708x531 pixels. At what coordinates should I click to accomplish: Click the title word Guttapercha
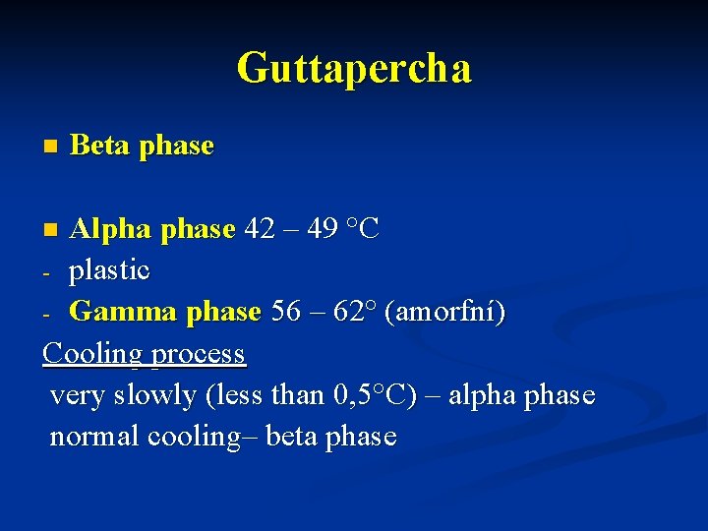coord(354,68)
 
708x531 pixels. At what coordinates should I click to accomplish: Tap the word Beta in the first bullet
coord(101,146)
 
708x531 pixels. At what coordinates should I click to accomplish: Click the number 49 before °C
coord(323,229)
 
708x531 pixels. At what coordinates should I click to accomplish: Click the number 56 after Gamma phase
coord(285,312)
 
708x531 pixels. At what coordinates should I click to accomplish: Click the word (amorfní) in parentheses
coord(446,312)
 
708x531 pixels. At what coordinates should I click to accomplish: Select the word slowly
coord(156,395)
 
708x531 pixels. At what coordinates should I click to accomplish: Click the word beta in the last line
coord(290,437)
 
